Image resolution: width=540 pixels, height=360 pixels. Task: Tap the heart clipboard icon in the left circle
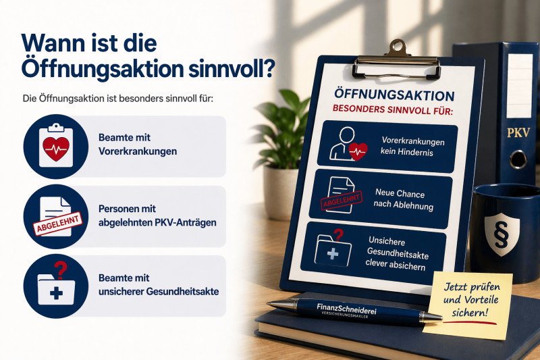[x=55, y=145]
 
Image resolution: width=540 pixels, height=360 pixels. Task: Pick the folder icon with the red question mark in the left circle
[x=55, y=286]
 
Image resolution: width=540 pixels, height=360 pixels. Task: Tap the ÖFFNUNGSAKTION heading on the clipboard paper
[x=394, y=97]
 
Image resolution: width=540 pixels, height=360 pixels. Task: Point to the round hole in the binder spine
[x=518, y=159]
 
